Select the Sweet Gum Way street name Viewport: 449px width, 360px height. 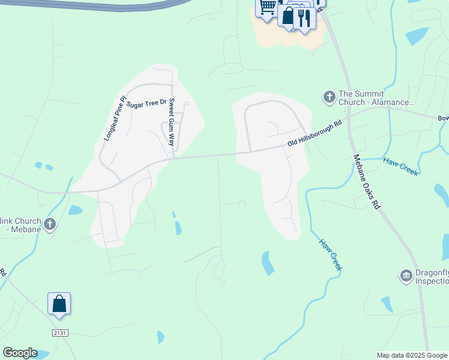pyautogui.click(x=171, y=122)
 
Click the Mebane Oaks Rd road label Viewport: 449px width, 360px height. pyautogui.click(x=367, y=181)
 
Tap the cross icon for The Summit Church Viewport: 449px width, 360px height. pyautogui.click(x=329, y=97)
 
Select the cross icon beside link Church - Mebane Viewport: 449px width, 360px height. pyautogui.click(x=50, y=224)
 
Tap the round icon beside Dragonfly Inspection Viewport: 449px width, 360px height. pyautogui.click(x=406, y=275)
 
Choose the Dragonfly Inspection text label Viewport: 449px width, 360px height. pyautogui.click(x=431, y=276)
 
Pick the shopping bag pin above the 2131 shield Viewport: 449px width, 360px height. pyautogui.click(x=59, y=304)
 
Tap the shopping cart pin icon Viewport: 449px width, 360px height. pyautogui.click(x=267, y=7)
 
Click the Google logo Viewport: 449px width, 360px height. pyautogui.click(x=20, y=353)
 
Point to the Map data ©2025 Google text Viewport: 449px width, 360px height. pyautogui.click(x=412, y=355)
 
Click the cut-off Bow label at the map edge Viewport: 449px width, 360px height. pyautogui.click(x=443, y=118)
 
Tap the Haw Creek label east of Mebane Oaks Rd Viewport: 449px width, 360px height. pyautogui.click(x=400, y=167)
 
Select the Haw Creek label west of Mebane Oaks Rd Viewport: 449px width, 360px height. pyautogui.click(x=330, y=254)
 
